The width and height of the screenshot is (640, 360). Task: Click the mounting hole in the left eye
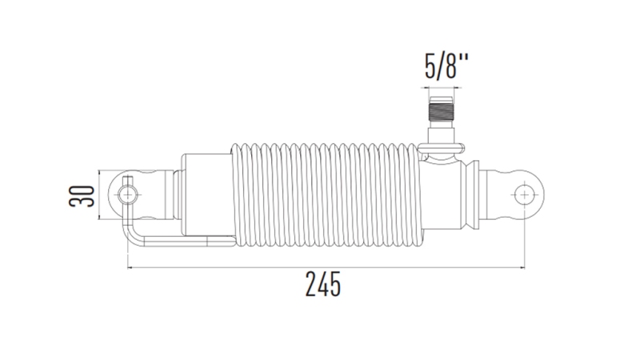coord(126,194)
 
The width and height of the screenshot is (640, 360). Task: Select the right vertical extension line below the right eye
coord(524,240)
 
